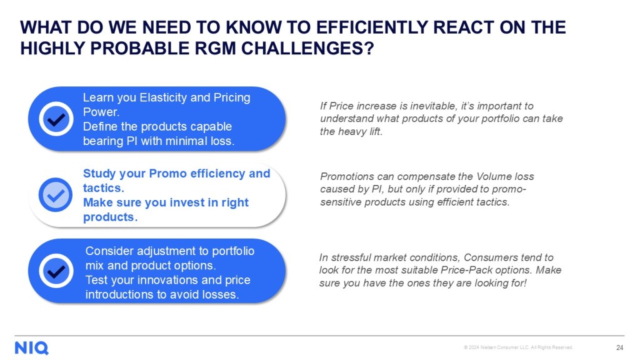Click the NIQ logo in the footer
[31, 348]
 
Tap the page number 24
[619, 347]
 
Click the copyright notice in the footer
[518, 347]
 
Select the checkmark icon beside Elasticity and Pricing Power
[56, 119]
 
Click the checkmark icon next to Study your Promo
[56, 195]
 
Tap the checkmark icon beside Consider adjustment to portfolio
[56, 271]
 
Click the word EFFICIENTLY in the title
[371, 27]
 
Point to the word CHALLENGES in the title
[307, 48]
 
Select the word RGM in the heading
[215, 48]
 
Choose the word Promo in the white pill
[167, 174]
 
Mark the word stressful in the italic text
[351, 257]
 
